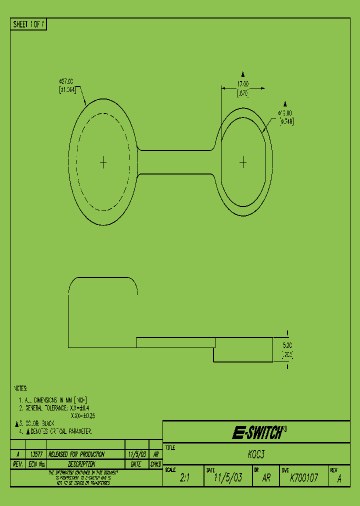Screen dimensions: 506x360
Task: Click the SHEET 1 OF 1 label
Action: pyautogui.click(x=28, y=24)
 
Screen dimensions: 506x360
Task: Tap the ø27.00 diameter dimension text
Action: pyautogui.click(x=66, y=80)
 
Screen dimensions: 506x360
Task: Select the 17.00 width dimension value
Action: pyautogui.click(x=243, y=84)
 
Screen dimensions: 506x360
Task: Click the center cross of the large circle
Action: pyautogui.click(x=103, y=162)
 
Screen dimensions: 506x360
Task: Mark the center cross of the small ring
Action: pyautogui.click(x=243, y=162)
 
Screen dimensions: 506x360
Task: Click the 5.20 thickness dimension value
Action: pyautogui.click(x=287, y=345)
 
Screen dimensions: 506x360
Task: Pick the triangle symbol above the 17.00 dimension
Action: pyautogui.click(x=243, y=72)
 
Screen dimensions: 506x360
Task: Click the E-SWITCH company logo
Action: pyautogui.click(x=259, y=432)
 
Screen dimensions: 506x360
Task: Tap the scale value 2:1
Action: pyautogui.click(x=185, y=478)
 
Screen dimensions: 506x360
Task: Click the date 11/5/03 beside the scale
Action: pyautogui.click(x=228, y=478)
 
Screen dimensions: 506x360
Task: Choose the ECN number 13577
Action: pyautogui.click(x=36, y=454)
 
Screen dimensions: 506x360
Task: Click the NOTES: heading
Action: pyautogui.click(x=20, y=388)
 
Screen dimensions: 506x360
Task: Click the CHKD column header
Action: pyautogui.click(x=155, y=464)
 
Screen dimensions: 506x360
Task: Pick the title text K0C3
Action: pyautogui.click(x=256, y=454)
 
